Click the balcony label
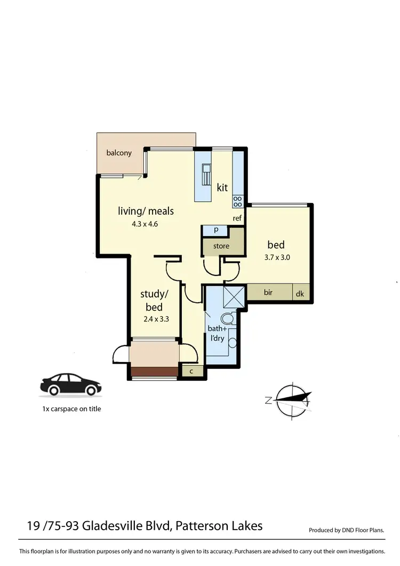tap(119, 153)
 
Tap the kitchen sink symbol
tap(206, 174)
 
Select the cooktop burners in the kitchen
tap(237, 201)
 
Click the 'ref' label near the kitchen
tap(237, 218)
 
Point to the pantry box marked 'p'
tap(216, 230)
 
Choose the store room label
tap(221, 246)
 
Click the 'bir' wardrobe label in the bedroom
tap(268, 293)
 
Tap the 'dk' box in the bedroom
tap(300, 293)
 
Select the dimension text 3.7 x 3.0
tap(276, 257)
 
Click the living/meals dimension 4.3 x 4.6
tap(145, 224)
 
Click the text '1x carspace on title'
tap(71, 409)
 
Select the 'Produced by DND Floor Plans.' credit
tap(347, 530)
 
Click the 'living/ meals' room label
tap(146, 211)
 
